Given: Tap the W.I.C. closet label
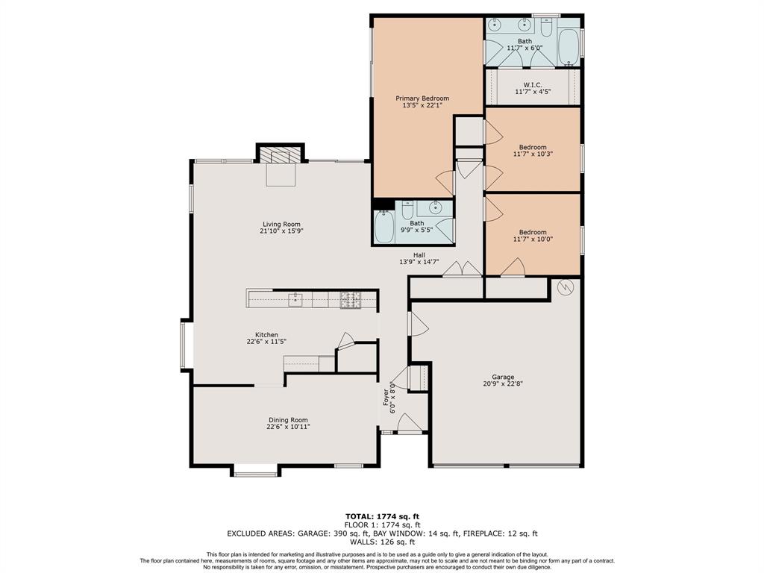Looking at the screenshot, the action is (532, 85).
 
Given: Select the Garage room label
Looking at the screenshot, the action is (503, 377).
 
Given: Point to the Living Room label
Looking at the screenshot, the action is (281, 224).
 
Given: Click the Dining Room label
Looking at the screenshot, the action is (288, 420).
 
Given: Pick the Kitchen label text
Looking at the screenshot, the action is (266, 335).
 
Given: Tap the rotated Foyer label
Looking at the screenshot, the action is (386, 397).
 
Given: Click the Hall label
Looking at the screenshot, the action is (419, 255).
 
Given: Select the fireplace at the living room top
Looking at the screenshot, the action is (281, 156).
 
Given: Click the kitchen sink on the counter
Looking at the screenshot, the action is (295, 300).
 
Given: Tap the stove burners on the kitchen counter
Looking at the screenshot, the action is (351, 300).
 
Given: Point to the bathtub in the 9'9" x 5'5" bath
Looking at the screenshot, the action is (384, 226).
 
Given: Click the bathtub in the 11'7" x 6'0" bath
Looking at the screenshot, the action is (568, 47).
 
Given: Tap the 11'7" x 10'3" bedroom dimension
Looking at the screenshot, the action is (533, 154).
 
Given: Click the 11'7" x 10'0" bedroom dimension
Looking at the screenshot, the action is (533, 239).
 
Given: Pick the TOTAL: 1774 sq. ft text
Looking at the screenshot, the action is (382, 516).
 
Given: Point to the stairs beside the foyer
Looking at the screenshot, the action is (418, 377).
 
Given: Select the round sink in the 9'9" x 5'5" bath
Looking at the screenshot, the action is (435, 207).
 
